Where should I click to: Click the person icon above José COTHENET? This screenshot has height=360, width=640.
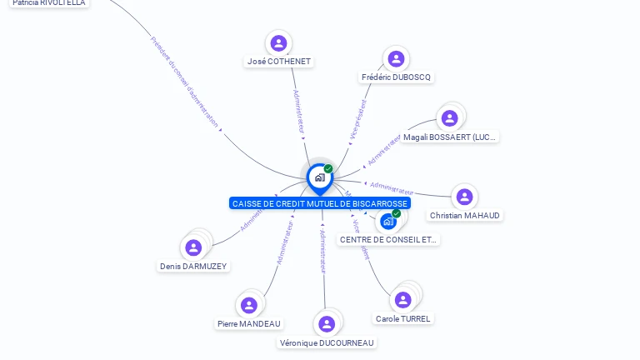pos(278,43)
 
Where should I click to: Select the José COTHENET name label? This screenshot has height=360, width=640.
pos(279,62)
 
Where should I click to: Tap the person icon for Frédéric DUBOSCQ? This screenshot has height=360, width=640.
pos(396,58)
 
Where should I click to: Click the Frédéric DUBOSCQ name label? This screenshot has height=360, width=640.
pos(397,77)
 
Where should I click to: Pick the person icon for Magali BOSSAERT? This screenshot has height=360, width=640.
pos(449,118)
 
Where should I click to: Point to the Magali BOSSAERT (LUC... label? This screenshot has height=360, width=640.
pos(449,137)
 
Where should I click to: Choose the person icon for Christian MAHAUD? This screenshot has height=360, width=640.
pos(464,197)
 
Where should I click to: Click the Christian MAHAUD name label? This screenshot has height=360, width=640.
pos(465,216)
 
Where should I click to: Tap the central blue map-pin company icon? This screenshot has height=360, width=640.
pos(319,177)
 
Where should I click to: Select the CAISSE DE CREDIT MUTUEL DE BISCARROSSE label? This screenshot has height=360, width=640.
pos(320,203)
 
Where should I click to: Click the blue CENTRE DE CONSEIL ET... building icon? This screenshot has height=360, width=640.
pos(387,222)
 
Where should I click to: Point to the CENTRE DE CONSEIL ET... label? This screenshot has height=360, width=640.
pos(388,240)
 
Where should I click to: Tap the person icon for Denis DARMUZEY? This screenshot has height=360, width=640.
pos(193,247)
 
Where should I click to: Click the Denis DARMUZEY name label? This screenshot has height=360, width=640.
pos(193,267)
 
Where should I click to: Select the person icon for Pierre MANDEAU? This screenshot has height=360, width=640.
pos(248,305)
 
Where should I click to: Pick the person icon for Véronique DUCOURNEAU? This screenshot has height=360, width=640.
pos(327,324)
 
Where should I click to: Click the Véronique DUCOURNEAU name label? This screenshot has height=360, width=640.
pos(327,342)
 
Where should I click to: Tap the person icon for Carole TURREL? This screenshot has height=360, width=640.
pos(403,300)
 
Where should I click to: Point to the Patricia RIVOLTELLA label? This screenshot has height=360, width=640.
pos(48,3)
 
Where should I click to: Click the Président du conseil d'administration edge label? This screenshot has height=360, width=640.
pos(185,82)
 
